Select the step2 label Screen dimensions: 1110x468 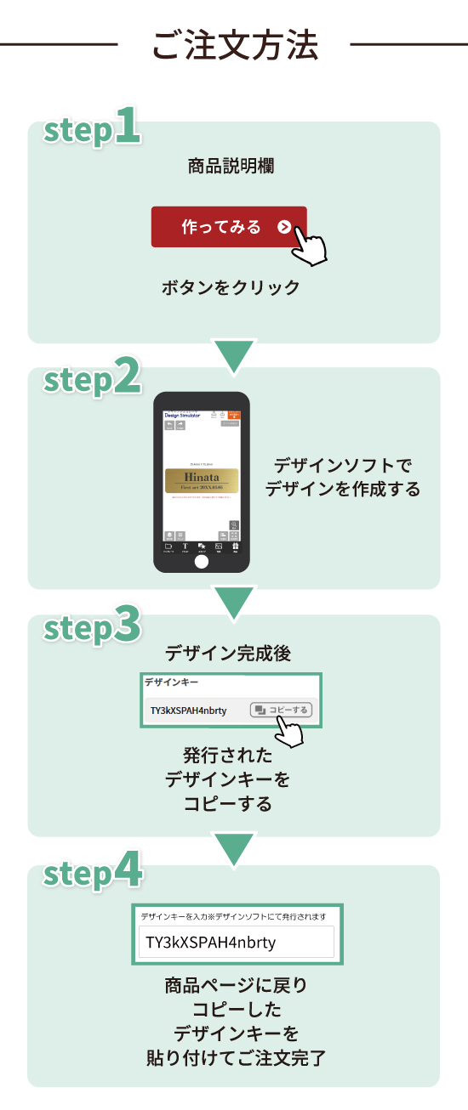[92, 380]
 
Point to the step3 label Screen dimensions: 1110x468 [92, 628]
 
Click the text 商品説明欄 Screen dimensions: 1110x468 [231, 166]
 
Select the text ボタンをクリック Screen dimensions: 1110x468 [231, 287]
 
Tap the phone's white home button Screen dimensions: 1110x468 [202, 562]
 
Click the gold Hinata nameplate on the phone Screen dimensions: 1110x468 [201, 481]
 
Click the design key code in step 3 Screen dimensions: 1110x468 [188, 710]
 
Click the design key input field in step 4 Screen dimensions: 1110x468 [237, 943]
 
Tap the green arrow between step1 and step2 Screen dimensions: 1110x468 [233, 356]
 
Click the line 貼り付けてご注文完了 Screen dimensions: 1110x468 [235, 1059]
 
